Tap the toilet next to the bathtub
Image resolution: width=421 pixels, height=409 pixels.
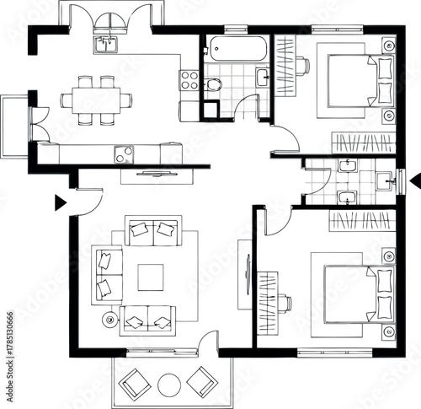coord(213,83)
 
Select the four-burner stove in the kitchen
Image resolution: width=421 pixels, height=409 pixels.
coord(189,80)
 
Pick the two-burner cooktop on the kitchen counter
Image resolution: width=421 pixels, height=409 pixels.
coord(123,153)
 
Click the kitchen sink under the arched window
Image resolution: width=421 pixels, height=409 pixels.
coord(107,44)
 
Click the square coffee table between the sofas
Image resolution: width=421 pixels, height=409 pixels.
coord(151,277)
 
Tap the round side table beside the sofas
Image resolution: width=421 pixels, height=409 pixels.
coord(109,320)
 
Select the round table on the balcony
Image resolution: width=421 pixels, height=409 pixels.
coord(168,385)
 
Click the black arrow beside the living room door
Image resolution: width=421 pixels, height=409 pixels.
coord(60,202)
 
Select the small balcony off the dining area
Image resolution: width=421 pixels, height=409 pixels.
coord(14,126)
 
